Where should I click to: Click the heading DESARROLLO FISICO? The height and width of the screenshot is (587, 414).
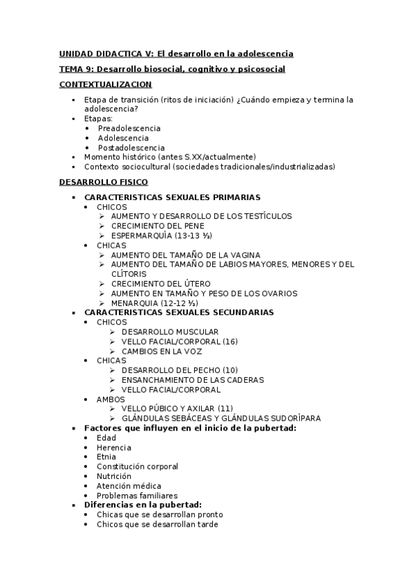pos(103,182)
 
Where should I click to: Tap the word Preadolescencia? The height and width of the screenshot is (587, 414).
pos(129,128)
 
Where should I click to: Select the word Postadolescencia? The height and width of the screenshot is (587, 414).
pos(131,147)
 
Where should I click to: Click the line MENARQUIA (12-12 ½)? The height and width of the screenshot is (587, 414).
pos(155,303)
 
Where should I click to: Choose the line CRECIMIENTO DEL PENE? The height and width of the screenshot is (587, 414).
pos(167,226)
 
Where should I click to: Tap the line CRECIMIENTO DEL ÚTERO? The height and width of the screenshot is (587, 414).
pos(171,284)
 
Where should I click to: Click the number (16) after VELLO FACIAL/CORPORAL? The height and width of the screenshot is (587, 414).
pos(230,341)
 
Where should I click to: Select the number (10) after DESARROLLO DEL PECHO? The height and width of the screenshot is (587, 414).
pos(230,370)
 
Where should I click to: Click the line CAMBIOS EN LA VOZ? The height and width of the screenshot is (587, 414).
pos(162,351)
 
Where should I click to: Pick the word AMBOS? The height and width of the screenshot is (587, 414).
pos(111,399)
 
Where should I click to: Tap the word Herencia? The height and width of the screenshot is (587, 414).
pos(114,447)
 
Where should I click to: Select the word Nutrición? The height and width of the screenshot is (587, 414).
pos(114,476)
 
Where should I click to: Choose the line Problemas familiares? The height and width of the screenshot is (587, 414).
pos(137,496)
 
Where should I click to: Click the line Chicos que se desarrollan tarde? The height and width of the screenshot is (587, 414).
pos(158,525)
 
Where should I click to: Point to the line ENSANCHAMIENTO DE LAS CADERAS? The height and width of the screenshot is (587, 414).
pos(193,380)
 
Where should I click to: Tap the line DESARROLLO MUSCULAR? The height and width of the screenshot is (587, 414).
pos(170,332)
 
